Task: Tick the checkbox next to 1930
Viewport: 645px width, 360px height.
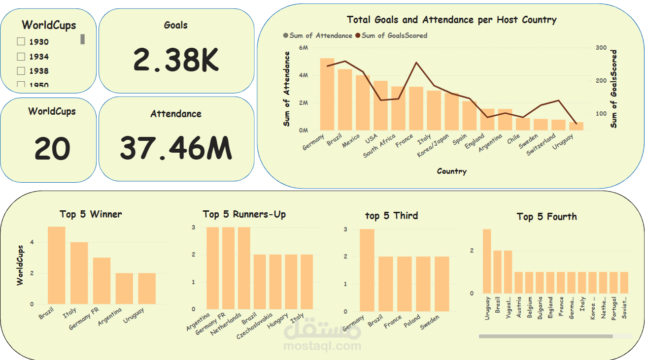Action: [21, 42]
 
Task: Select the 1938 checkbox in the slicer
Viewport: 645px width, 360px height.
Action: [21, 71]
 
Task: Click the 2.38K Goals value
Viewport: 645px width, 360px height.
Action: [176, 60]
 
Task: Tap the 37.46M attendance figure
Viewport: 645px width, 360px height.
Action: [176, 148]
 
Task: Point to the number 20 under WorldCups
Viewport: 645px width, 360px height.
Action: [52, 148]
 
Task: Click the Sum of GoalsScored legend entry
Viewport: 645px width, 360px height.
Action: [394, 35]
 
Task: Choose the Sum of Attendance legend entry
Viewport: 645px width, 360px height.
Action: [318, 35]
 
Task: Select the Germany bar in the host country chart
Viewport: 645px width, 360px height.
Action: [327, 94]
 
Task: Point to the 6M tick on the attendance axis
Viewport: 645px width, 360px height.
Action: [304, 48]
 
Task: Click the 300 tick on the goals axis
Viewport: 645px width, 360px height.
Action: [601, 48]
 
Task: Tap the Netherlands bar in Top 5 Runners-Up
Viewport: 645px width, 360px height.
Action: [244, 268]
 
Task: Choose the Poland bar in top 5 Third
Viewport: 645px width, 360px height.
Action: [423, 284]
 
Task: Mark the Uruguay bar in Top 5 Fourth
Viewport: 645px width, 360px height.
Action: [487, 261]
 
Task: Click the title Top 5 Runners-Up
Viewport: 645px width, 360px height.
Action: [244, 214]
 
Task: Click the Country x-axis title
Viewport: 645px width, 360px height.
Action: [451, 171]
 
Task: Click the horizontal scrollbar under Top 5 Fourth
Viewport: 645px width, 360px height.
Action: [545, 336]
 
